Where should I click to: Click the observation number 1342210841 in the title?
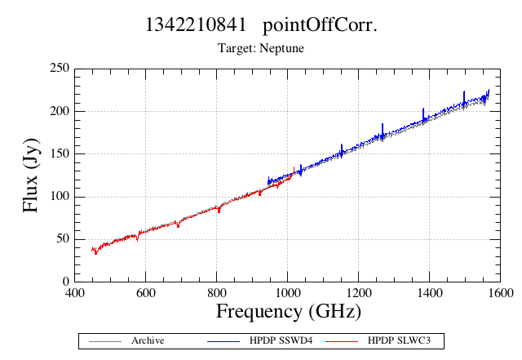point(196,24)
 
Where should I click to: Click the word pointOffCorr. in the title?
point(320,25)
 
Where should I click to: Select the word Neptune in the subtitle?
point(281,48)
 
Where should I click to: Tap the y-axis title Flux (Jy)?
point(31,176)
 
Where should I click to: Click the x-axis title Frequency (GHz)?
point(289,312)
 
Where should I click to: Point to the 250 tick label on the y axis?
point(60,68)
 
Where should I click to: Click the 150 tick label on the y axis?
point(60,153)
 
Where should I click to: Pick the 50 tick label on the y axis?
point(63,238)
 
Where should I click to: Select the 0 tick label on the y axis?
point(66,282)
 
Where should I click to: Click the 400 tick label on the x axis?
point(74,293)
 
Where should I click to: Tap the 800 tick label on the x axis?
point(217,293)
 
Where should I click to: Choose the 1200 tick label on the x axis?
point(359,293)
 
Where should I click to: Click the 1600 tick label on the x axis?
point(500,293)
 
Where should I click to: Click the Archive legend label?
point(148,340)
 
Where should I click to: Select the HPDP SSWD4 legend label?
point(281,340)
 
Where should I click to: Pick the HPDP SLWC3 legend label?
point(399,340)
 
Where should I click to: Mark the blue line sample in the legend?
point(223,341)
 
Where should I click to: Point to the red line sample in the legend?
point(342,341)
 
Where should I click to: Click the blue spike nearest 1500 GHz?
point(464,99)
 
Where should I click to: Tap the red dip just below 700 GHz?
point(178,224)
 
